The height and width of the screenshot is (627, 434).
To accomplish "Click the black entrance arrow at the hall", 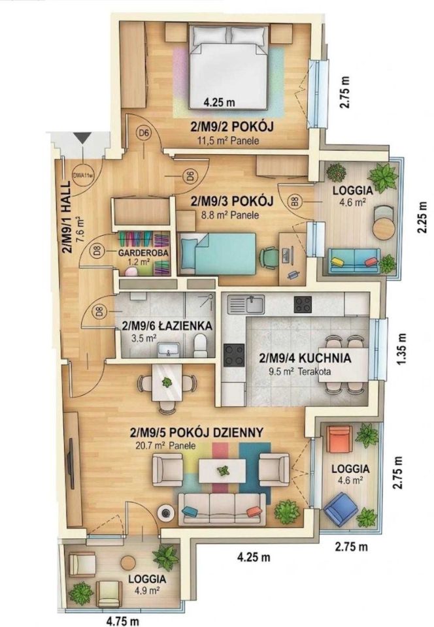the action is [83, 138].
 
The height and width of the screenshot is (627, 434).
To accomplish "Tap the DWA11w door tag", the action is [82, 174].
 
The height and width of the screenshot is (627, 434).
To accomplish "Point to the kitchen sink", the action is [246, 304].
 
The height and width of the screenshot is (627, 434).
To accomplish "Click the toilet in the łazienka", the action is [199, 346].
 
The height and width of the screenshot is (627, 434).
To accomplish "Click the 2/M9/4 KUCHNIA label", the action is [305, 358].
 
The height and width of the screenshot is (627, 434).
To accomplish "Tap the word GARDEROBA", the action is [142, 253].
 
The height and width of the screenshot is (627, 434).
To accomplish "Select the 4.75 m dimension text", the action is [122, 621].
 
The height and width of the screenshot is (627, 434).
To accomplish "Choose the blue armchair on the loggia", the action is [341, 507].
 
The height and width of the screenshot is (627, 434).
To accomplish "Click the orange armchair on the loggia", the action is [339, 439].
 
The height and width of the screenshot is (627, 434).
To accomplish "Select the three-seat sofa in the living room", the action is [222, 508].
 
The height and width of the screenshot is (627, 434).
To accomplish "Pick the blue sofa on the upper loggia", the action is [354, 261].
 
